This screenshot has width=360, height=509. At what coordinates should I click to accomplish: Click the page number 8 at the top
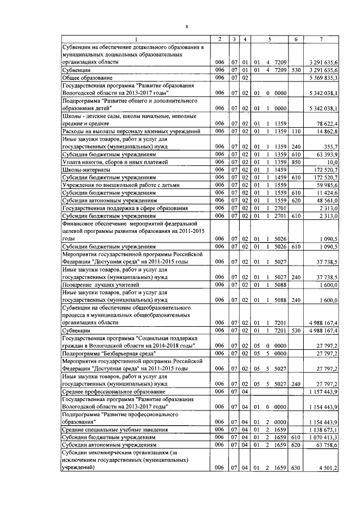187,26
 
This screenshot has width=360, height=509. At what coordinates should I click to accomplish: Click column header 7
321,38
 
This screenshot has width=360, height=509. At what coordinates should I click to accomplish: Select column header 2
220,38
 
